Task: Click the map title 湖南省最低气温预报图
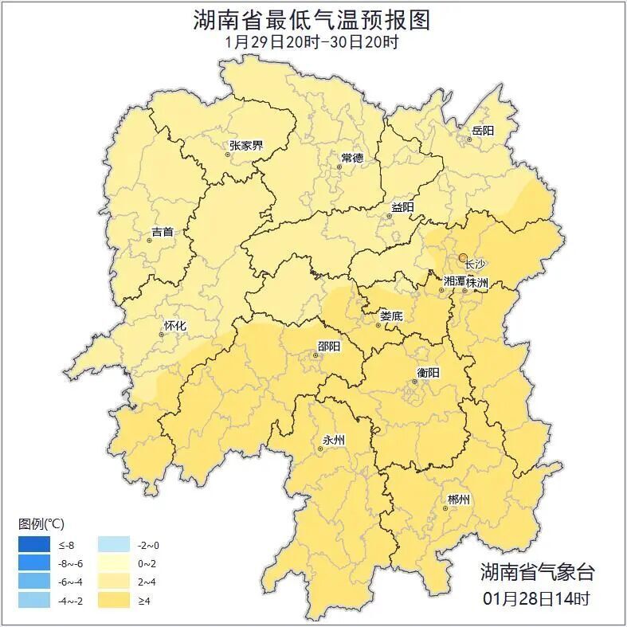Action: (312, 20)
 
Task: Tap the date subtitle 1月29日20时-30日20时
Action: (312, 42)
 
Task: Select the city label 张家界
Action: (246, 145)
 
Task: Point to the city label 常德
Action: (351, 158)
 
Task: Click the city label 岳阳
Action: (483, 131)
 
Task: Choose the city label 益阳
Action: (402, 207)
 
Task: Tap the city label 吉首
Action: (162, 232)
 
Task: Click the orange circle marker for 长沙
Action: (463, 257)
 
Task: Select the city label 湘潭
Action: (454, 282)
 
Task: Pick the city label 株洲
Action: (477, 282)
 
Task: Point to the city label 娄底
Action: (391, 316)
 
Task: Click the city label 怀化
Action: (174, 325)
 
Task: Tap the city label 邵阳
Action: (328, 346)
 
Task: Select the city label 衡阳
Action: (428, 372)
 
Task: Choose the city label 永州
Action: (333, 440)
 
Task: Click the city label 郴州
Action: (459, 500)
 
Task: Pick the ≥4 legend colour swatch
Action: (114, 600)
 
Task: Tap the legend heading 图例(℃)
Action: (41, 523)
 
